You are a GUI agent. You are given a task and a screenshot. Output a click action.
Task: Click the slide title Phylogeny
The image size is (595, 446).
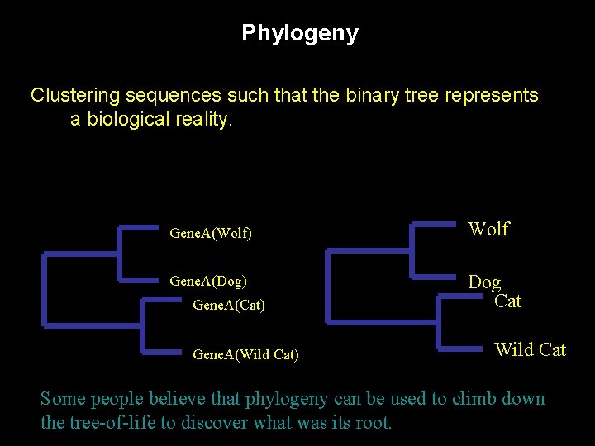click(x=299, y=33)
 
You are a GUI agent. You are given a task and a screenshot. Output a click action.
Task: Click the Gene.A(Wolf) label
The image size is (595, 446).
click(x=210, y=234)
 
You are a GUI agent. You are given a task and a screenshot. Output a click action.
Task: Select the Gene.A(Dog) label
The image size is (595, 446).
click(x=207, y=281)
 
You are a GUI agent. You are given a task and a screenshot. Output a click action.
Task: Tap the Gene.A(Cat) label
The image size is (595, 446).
click(x=228, y=305)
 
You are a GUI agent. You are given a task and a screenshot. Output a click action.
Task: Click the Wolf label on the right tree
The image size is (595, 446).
click(x=488, y=229)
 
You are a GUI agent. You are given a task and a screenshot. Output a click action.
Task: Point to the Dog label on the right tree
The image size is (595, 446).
click(x=484, y=282)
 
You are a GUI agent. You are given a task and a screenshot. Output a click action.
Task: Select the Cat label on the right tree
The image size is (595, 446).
click(x=507, y=301)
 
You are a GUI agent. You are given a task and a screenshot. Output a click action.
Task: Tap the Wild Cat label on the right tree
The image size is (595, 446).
click(x=530, y=349)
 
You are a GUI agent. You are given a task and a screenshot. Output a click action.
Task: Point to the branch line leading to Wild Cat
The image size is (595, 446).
click(x=463, y=347)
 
